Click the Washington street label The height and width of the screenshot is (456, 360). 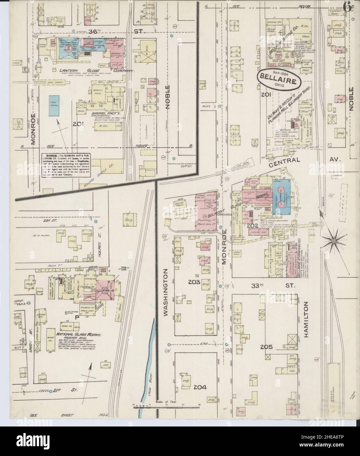(165, 293)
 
